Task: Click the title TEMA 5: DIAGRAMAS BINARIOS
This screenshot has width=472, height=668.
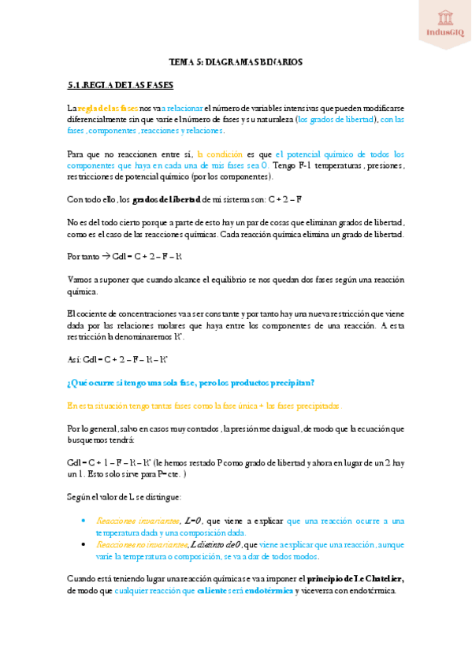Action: pos(236,61)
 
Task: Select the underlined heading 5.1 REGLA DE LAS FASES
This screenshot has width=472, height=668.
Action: pos(121,84)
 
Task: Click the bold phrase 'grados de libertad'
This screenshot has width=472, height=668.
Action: pos(166,199)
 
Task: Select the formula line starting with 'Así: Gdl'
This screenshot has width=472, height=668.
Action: pos(117,359)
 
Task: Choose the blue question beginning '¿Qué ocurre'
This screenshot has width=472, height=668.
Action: pos(191,382)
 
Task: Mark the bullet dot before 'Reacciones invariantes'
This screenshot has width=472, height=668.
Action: pos(84,521)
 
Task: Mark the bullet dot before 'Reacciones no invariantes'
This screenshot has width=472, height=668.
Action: pos(84,544)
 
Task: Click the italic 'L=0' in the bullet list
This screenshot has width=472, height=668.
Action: pos(192,521)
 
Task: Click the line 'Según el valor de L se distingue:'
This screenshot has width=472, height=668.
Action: pos(124,497)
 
